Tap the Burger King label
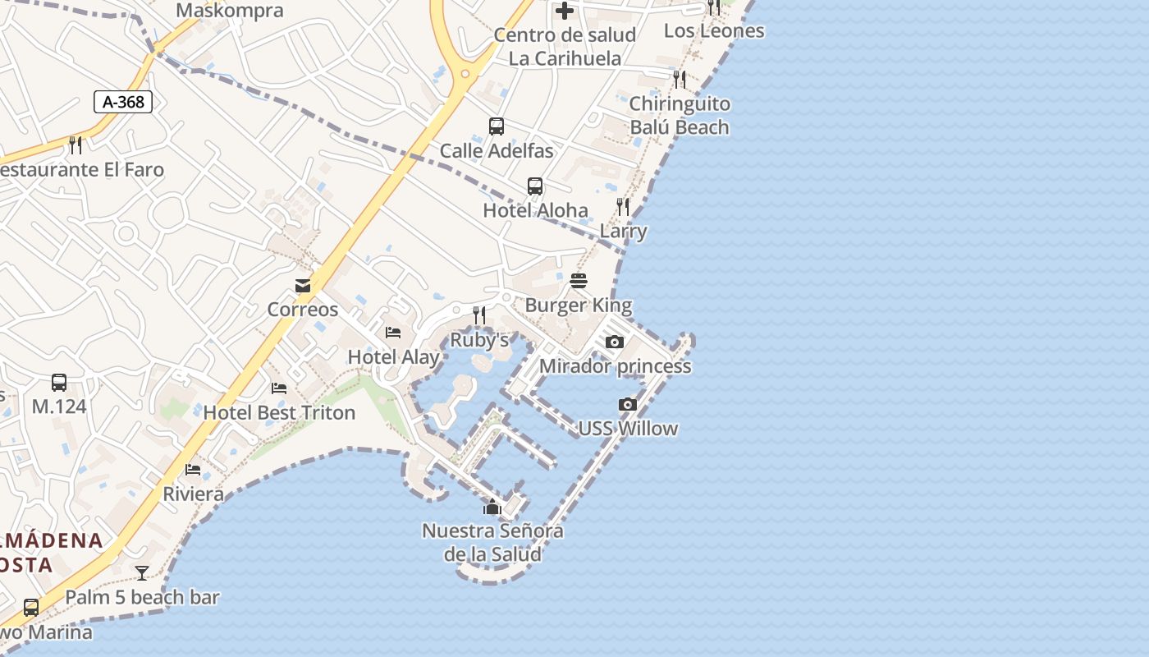pyautogui.click(x=579, y=306)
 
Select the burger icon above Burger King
pyautogui.click(x=579, y=281)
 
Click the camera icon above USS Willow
pyautogui.click(x=628, y=404)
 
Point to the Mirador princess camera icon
pyautogui.click(x=615, y=342)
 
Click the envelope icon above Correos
pyautogui.click(x=303, y=285)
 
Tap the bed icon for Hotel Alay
pyautogui.click(x=393, y=333)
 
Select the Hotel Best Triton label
pyautogui.click(x=279, y=412)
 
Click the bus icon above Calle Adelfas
pyautogui.click(x=497, y=126)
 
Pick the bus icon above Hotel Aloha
pyautogui.click(x=535, y=186)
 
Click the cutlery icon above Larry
pyautogui.click(x=623, y=207)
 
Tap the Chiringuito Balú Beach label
pyautogui.click(x=680, y=116)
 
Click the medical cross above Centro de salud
pyautogui.click(x=565, y=11)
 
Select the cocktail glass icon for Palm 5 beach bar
pyautogui.click(x=142, y=573)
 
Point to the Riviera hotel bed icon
pyautogui.click(x=193, y=470)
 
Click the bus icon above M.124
pyautogui.click(x=59, y=382)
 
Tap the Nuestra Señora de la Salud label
pyautogui.click(x=492, y=542)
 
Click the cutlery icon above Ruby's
pyautogui.click(x=479, y=315)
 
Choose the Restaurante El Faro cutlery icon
pyautogui.click(x=76, y=145)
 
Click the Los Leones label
pyautogui.click(x=713, y=31)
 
